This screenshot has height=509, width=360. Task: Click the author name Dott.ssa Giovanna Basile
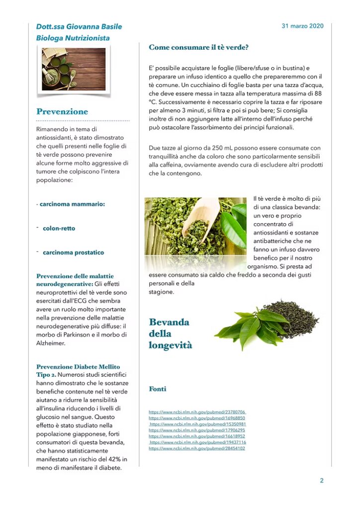(79, 27)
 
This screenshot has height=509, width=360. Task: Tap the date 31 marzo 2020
(302, 26)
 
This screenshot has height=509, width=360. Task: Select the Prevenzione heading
(62, 111)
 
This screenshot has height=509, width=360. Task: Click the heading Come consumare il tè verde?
(198, 47)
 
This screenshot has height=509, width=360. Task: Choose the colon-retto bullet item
(59, 229)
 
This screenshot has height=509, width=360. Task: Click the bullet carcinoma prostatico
(74, 253)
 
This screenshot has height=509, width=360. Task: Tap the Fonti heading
(158, 389)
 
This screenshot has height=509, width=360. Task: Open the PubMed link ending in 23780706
(197, 412)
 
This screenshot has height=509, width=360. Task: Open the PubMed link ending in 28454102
(197, 448)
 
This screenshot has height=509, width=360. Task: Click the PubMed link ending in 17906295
(197, 430)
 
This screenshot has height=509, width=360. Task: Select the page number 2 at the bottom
(322, 481)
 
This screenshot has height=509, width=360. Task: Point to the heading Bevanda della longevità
(170, 334)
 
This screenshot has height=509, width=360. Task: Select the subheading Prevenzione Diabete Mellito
(78, 367)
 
